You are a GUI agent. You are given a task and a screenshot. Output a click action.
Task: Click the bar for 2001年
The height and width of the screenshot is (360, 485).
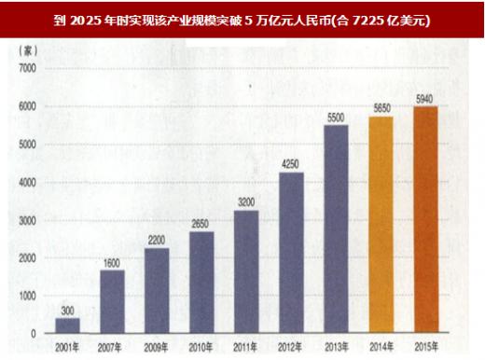click(66, 325)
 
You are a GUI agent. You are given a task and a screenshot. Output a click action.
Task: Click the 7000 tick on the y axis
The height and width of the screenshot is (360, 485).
click(29, 69)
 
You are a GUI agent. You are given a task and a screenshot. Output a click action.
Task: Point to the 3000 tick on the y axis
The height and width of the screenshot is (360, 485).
click(29, 220)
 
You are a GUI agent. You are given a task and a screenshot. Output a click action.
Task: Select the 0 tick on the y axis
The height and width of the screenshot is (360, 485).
click(34, 333)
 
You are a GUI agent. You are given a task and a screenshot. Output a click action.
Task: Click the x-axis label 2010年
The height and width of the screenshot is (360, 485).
click(202, 346)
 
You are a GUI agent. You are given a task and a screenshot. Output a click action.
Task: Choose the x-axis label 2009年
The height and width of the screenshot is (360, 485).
click(157, 346)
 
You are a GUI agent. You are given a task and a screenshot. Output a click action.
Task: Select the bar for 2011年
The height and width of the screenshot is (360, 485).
click(246, 271)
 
